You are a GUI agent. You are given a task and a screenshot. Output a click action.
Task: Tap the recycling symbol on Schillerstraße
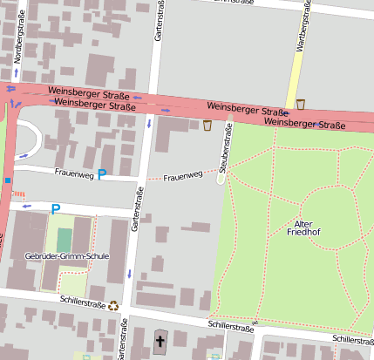click(x=113, y=305)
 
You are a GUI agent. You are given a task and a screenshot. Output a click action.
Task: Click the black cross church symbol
click(x=160, y=340)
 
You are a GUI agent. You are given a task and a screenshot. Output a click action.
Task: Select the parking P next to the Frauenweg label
click(x=102, y=174)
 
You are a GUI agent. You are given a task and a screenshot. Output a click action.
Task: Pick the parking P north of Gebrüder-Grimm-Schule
click(x=56, y=209)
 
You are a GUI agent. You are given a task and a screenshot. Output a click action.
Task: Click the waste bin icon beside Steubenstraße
click(x=207, y=126)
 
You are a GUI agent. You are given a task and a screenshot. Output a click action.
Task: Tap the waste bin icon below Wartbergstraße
click(x=301, y=105)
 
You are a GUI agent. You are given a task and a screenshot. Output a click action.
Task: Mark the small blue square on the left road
click(x=7, y=180)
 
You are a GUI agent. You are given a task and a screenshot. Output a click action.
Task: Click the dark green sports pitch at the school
click(x=64, y=243)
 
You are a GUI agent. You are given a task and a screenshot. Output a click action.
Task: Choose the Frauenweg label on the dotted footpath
click(x=183, y=176)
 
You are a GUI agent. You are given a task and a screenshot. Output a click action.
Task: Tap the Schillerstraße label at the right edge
click(x=352, y=339)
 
